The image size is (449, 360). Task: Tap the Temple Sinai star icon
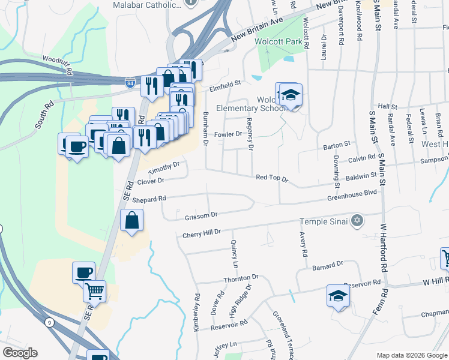(357, 221)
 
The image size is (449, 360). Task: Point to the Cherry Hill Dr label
(202, 232)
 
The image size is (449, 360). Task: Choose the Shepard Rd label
(148, 199)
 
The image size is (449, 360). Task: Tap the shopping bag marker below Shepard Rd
(132, 221)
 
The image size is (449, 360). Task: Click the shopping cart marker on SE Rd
(94, 292)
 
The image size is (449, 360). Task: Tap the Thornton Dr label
(241, 278)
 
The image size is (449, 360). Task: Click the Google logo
(20, 353)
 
